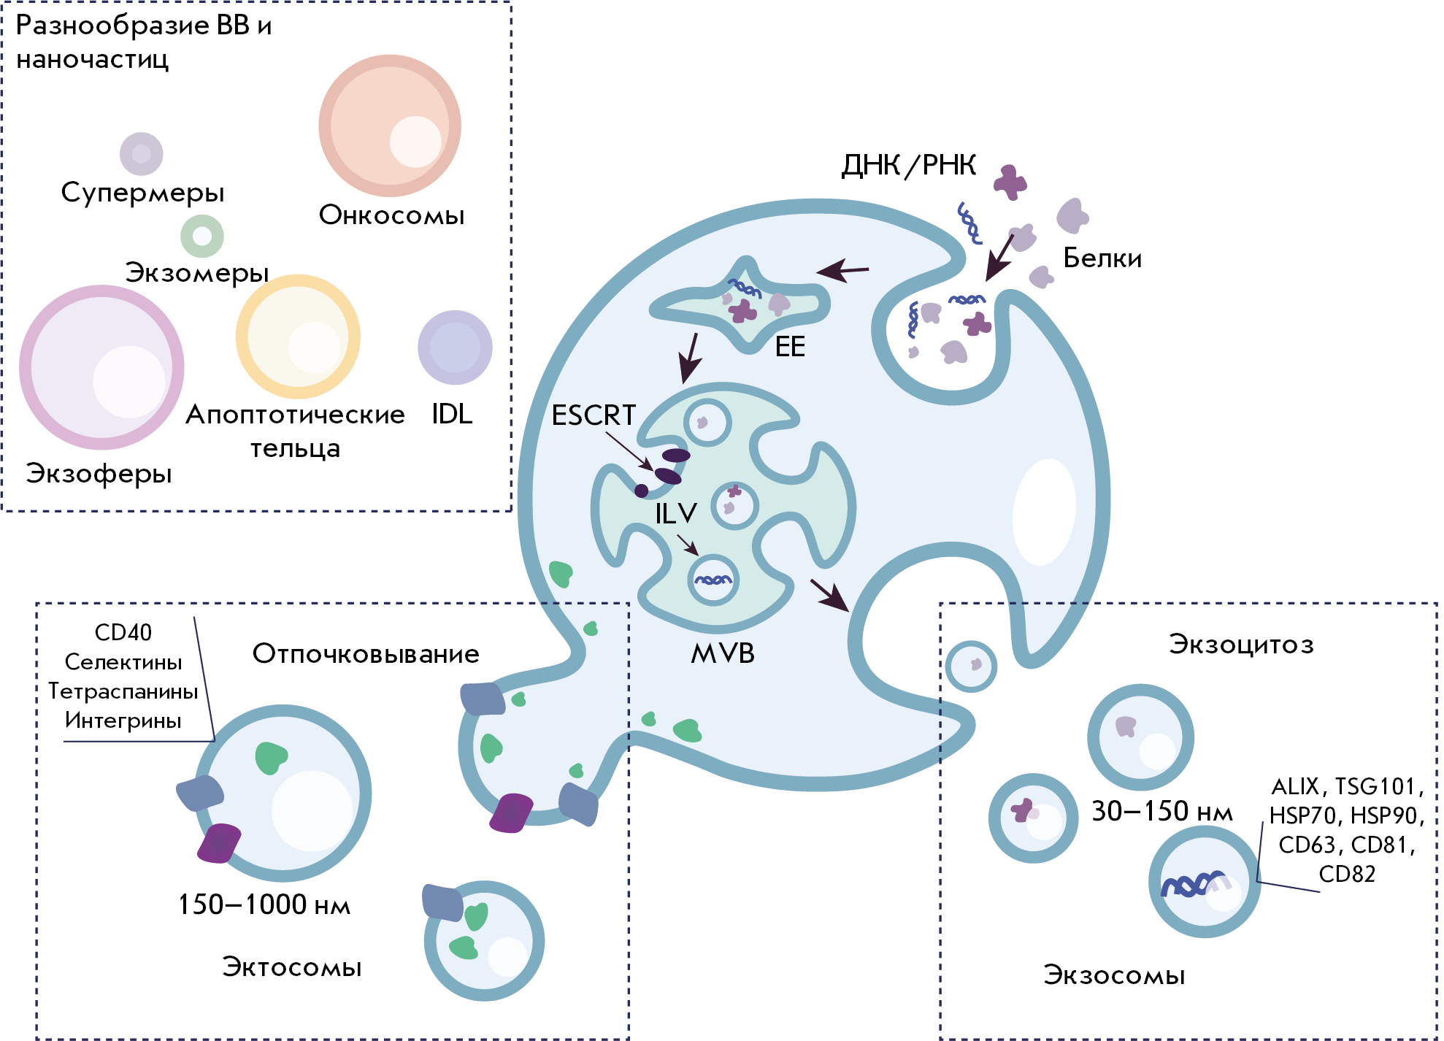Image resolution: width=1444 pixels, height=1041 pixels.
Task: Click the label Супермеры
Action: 142,193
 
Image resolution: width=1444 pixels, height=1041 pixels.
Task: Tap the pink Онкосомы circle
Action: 390,126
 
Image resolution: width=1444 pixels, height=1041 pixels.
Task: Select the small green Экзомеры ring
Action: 202,236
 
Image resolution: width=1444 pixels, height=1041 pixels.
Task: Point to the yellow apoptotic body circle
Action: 298,337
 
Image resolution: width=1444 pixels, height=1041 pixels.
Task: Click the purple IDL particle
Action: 455,347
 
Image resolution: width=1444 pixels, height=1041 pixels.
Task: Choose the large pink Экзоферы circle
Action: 101,367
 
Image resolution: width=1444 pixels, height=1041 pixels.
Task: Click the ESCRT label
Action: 594,415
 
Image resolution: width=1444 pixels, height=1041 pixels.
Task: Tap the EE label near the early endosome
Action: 790,347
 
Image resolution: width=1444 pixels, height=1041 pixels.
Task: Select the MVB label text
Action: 722,653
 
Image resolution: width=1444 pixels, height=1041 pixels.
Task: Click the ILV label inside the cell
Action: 676,514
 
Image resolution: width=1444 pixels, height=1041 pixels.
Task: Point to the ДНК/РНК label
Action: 909,166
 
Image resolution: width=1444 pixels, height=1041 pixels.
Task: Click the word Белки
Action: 1102,258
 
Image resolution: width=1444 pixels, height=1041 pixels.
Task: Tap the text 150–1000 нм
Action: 264,905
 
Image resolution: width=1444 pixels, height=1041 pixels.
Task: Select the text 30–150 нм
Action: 1161,811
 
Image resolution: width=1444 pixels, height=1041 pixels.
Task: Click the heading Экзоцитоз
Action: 1241,645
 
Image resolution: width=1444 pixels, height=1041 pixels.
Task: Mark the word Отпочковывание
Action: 366,654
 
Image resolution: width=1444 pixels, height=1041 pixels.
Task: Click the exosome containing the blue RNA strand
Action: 1205,882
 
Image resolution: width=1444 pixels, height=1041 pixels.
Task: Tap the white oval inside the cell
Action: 1044,511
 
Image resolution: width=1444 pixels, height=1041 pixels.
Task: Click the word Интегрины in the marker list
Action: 123,721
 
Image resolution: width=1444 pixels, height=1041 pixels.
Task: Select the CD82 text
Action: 1347,874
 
